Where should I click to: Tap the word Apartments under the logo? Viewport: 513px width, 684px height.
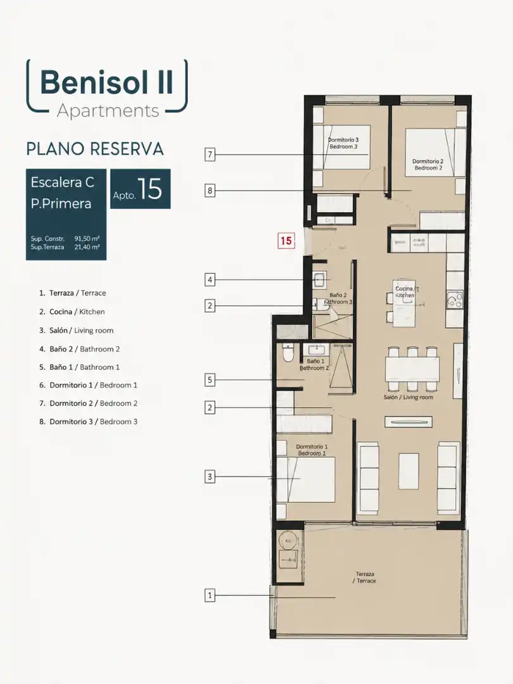point(108,111)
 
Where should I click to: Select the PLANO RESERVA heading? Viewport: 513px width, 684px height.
point(95,149)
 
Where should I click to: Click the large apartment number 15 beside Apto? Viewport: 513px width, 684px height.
point(149,189)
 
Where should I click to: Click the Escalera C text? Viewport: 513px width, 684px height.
point(62,182)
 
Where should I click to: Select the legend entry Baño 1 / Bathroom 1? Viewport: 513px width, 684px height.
point(79,367)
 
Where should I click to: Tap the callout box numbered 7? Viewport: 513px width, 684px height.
point(210,155)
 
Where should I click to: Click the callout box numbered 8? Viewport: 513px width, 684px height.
point(210,191)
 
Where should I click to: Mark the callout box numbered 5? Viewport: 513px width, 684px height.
point(210,380)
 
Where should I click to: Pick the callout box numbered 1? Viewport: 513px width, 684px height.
point(210,595)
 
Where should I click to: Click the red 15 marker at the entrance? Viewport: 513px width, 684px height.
point(286,241)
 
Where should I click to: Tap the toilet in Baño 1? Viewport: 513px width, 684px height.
point(288,353)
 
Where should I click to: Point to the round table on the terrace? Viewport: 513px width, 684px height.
point(288,540)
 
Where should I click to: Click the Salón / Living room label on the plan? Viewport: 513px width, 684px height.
point(408,397)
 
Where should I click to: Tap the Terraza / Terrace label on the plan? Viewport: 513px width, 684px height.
point(365,578)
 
